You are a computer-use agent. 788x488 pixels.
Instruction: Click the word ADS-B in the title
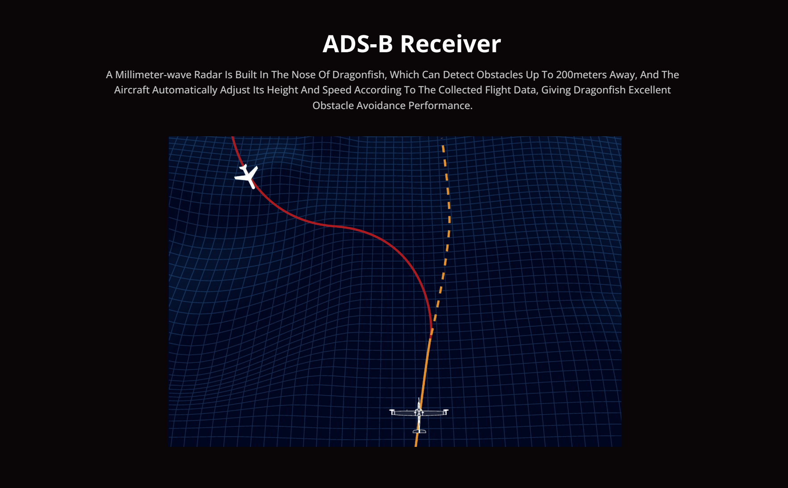click(x=358, y=44)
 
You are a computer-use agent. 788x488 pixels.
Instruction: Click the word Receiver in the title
click(x=450, y=44)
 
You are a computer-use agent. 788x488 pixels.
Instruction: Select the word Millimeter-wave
click(x=153, y=75)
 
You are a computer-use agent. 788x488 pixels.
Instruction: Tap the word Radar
click(x=208, y=75)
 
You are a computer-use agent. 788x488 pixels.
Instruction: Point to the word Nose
click(x=303, y=75)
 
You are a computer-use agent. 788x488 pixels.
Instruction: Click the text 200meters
click(x=580, y=75)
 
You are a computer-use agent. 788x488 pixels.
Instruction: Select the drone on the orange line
click(x=419, y=415)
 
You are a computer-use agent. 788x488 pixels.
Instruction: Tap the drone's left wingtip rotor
click(x=392, y=412)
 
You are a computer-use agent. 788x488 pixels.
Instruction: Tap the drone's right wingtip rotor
click(x=445, y=412)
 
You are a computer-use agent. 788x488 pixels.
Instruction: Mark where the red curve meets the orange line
click(x=431, y=333)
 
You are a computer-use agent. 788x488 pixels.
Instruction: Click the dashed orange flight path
click(x=448, y=232)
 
